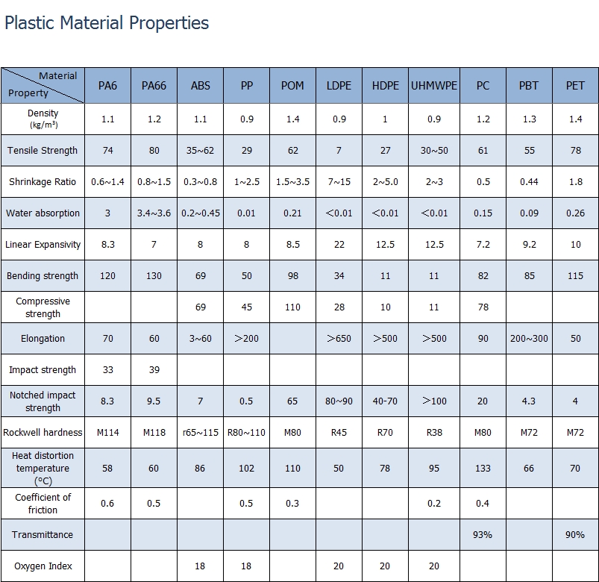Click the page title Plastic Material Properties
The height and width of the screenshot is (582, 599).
[107, 23]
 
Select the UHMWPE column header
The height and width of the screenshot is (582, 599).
[434, 86]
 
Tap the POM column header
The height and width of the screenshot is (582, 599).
[292, 86]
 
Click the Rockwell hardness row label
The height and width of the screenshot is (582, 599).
[43, 432]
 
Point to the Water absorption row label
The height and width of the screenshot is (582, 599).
[43, 213]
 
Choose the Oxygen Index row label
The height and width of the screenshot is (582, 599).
[43, 566]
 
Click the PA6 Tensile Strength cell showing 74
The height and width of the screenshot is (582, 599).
[107, 151]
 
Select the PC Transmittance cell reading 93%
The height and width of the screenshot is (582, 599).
[483, 535]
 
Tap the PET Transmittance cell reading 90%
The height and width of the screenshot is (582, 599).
[575, 535]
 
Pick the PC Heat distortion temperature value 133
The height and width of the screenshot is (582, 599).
[483, 469]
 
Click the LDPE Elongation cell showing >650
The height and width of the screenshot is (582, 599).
[339, 339]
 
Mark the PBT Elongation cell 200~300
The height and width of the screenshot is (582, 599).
[529, 339]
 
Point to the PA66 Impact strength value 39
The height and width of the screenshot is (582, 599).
[154, 370]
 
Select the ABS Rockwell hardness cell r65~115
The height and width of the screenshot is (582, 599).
[200, 432]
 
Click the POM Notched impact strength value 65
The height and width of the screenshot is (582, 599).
[292, 401]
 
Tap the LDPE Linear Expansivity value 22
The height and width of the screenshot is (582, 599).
[339, 245]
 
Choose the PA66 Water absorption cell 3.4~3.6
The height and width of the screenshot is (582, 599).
[154, 213]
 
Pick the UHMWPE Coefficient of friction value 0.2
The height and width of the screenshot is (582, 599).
[434, 504]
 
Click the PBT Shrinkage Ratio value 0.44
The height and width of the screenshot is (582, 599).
[529, 182]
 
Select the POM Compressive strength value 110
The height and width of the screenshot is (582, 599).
[292, 307]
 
